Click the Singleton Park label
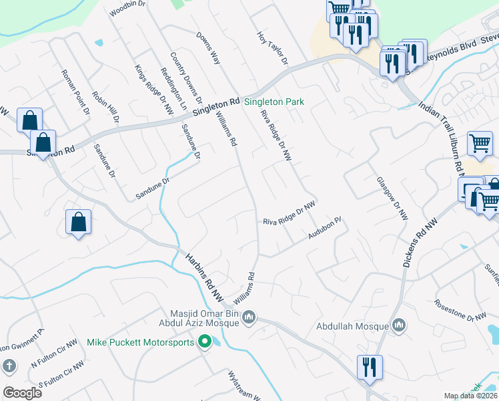tap(274, 102)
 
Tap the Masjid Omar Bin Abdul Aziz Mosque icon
tap(249, 316)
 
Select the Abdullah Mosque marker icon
tap(399, 325)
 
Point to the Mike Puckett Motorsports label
tap(141, 343)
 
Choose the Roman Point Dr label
tap(75, 92)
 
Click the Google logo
tap(22, 392)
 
